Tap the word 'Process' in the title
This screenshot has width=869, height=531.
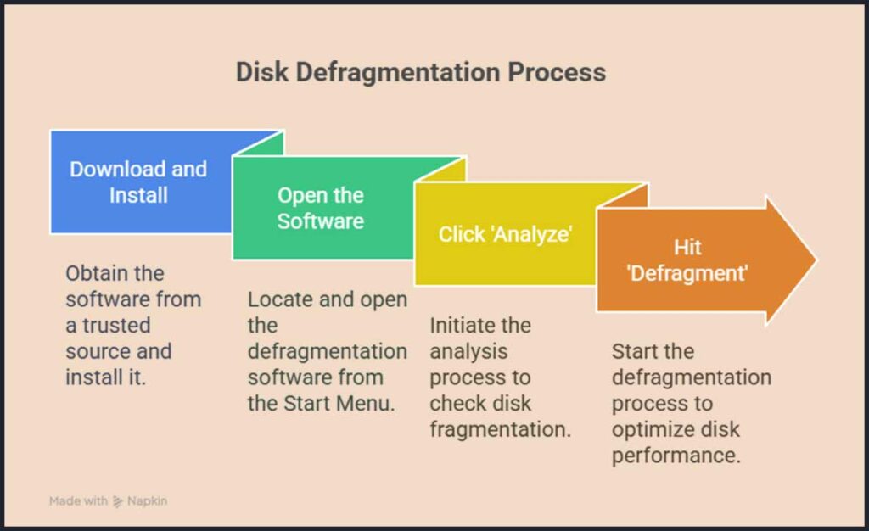(557, 72)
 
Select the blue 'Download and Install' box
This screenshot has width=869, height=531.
(138, 182)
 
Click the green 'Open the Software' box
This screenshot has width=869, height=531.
(321, 208)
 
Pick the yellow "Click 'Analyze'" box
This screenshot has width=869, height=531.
(504, 234)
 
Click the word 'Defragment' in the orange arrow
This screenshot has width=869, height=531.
(687, 273)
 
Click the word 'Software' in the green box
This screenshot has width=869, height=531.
(321, 221)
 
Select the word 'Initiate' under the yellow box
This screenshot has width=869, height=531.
(468, 326)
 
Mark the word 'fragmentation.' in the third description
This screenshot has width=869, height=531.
(500, 429)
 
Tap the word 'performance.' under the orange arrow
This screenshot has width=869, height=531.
(676, 455)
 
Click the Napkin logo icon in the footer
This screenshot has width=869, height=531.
(119, 501)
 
